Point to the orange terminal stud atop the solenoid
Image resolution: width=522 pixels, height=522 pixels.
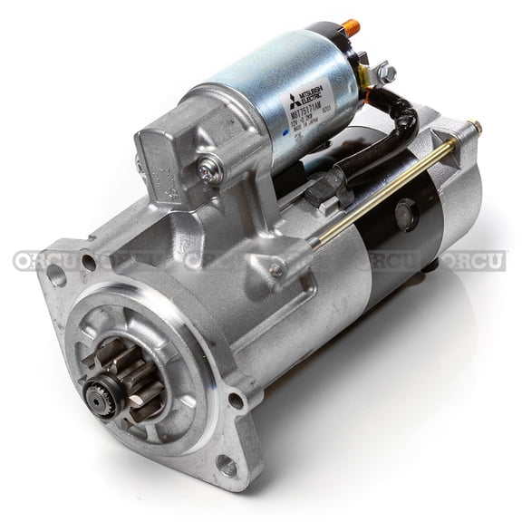coord(350,28)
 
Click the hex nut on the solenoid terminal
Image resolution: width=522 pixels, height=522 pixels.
coord(385,72)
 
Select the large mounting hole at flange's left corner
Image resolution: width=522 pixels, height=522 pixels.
coord(57,273)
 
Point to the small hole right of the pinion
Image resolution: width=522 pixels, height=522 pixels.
coord(235,399)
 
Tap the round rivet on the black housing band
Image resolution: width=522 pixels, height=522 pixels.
coord(404,214)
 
